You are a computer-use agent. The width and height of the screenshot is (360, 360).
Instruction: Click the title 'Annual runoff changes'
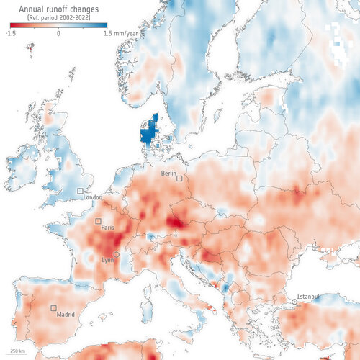pyautogui.click(x=54, y=9)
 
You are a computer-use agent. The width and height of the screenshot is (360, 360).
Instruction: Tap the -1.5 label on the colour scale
pyautogui.click(x=12, y=33)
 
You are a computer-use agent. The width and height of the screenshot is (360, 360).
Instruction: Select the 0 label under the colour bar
pyautogui.click(x=57, y=33)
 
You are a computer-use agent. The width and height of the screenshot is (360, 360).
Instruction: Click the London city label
pyautogui.click(x=94, y=197)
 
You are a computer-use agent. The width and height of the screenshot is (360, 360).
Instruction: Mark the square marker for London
pyautogui.click(x=80, y=190)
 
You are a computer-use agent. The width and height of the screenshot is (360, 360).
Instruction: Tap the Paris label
pyautogui.click(x=108, y=228)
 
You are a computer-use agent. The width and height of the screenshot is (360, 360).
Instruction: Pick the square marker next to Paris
pyautogui.click(x=98, y=221)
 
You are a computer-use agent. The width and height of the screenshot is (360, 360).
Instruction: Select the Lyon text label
pyautogui.click(x=108, y=260)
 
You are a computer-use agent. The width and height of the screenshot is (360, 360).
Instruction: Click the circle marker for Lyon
pyautogui.click(x=117, y=254)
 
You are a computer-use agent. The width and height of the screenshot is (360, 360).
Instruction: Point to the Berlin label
pyautogui.click(x=169, y=174)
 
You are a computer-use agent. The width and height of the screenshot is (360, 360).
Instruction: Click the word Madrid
pyautogui.click(x=66, y=314)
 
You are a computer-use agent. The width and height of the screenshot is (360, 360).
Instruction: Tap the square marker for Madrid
pyautogui.click(x=53, y=308)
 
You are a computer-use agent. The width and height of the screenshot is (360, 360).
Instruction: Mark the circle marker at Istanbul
pyautogui.click(x=294, y=302)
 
